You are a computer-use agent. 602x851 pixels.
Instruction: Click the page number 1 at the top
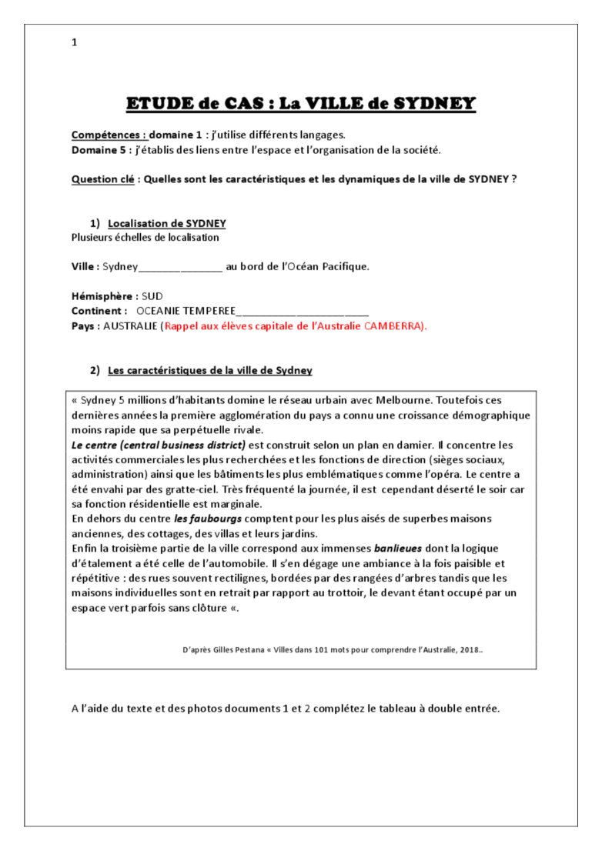tap(74, 43)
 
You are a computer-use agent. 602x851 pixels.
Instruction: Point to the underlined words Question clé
tap(104, 179)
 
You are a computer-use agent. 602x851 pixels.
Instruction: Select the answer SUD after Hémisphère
tap(152, 296)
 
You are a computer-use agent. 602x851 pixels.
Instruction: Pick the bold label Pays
tap(85, 326)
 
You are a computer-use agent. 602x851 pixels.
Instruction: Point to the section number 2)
tap(95, 370)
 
